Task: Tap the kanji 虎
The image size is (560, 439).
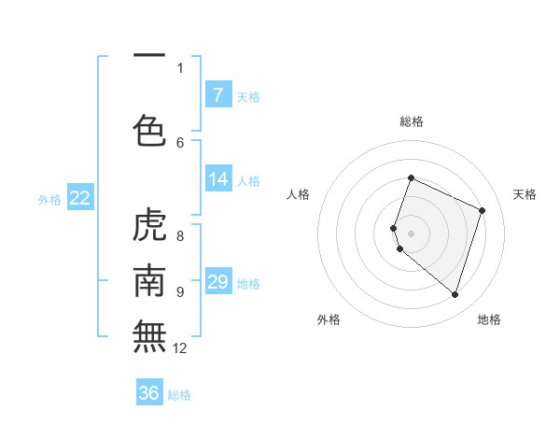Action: coord(149,225)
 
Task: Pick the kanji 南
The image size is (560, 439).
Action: coord(149,279)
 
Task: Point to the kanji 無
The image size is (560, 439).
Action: coord(149,335)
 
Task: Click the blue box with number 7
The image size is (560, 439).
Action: coord(217,95)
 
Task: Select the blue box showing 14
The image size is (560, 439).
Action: coord(217,179)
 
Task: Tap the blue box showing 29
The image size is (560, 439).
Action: coord(217,282)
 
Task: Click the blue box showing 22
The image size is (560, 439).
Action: coord(79,198)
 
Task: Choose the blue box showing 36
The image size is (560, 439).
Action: coord(149,393)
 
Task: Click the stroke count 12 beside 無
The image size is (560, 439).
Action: coord(180,348)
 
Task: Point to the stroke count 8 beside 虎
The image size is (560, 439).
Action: coord(180,236)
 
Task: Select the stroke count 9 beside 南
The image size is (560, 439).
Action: coord(180,291)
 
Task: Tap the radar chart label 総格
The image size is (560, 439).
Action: coord(411,121)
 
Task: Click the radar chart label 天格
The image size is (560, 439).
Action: coord(525,194)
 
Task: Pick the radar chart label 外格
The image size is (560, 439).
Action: coord(329,319)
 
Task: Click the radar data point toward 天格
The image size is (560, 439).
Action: coord(483,210)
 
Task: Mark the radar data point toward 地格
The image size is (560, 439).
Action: coord(455,295)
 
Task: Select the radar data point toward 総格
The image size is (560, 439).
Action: coord(411,178)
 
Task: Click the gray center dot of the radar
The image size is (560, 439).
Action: coord(411,233)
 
